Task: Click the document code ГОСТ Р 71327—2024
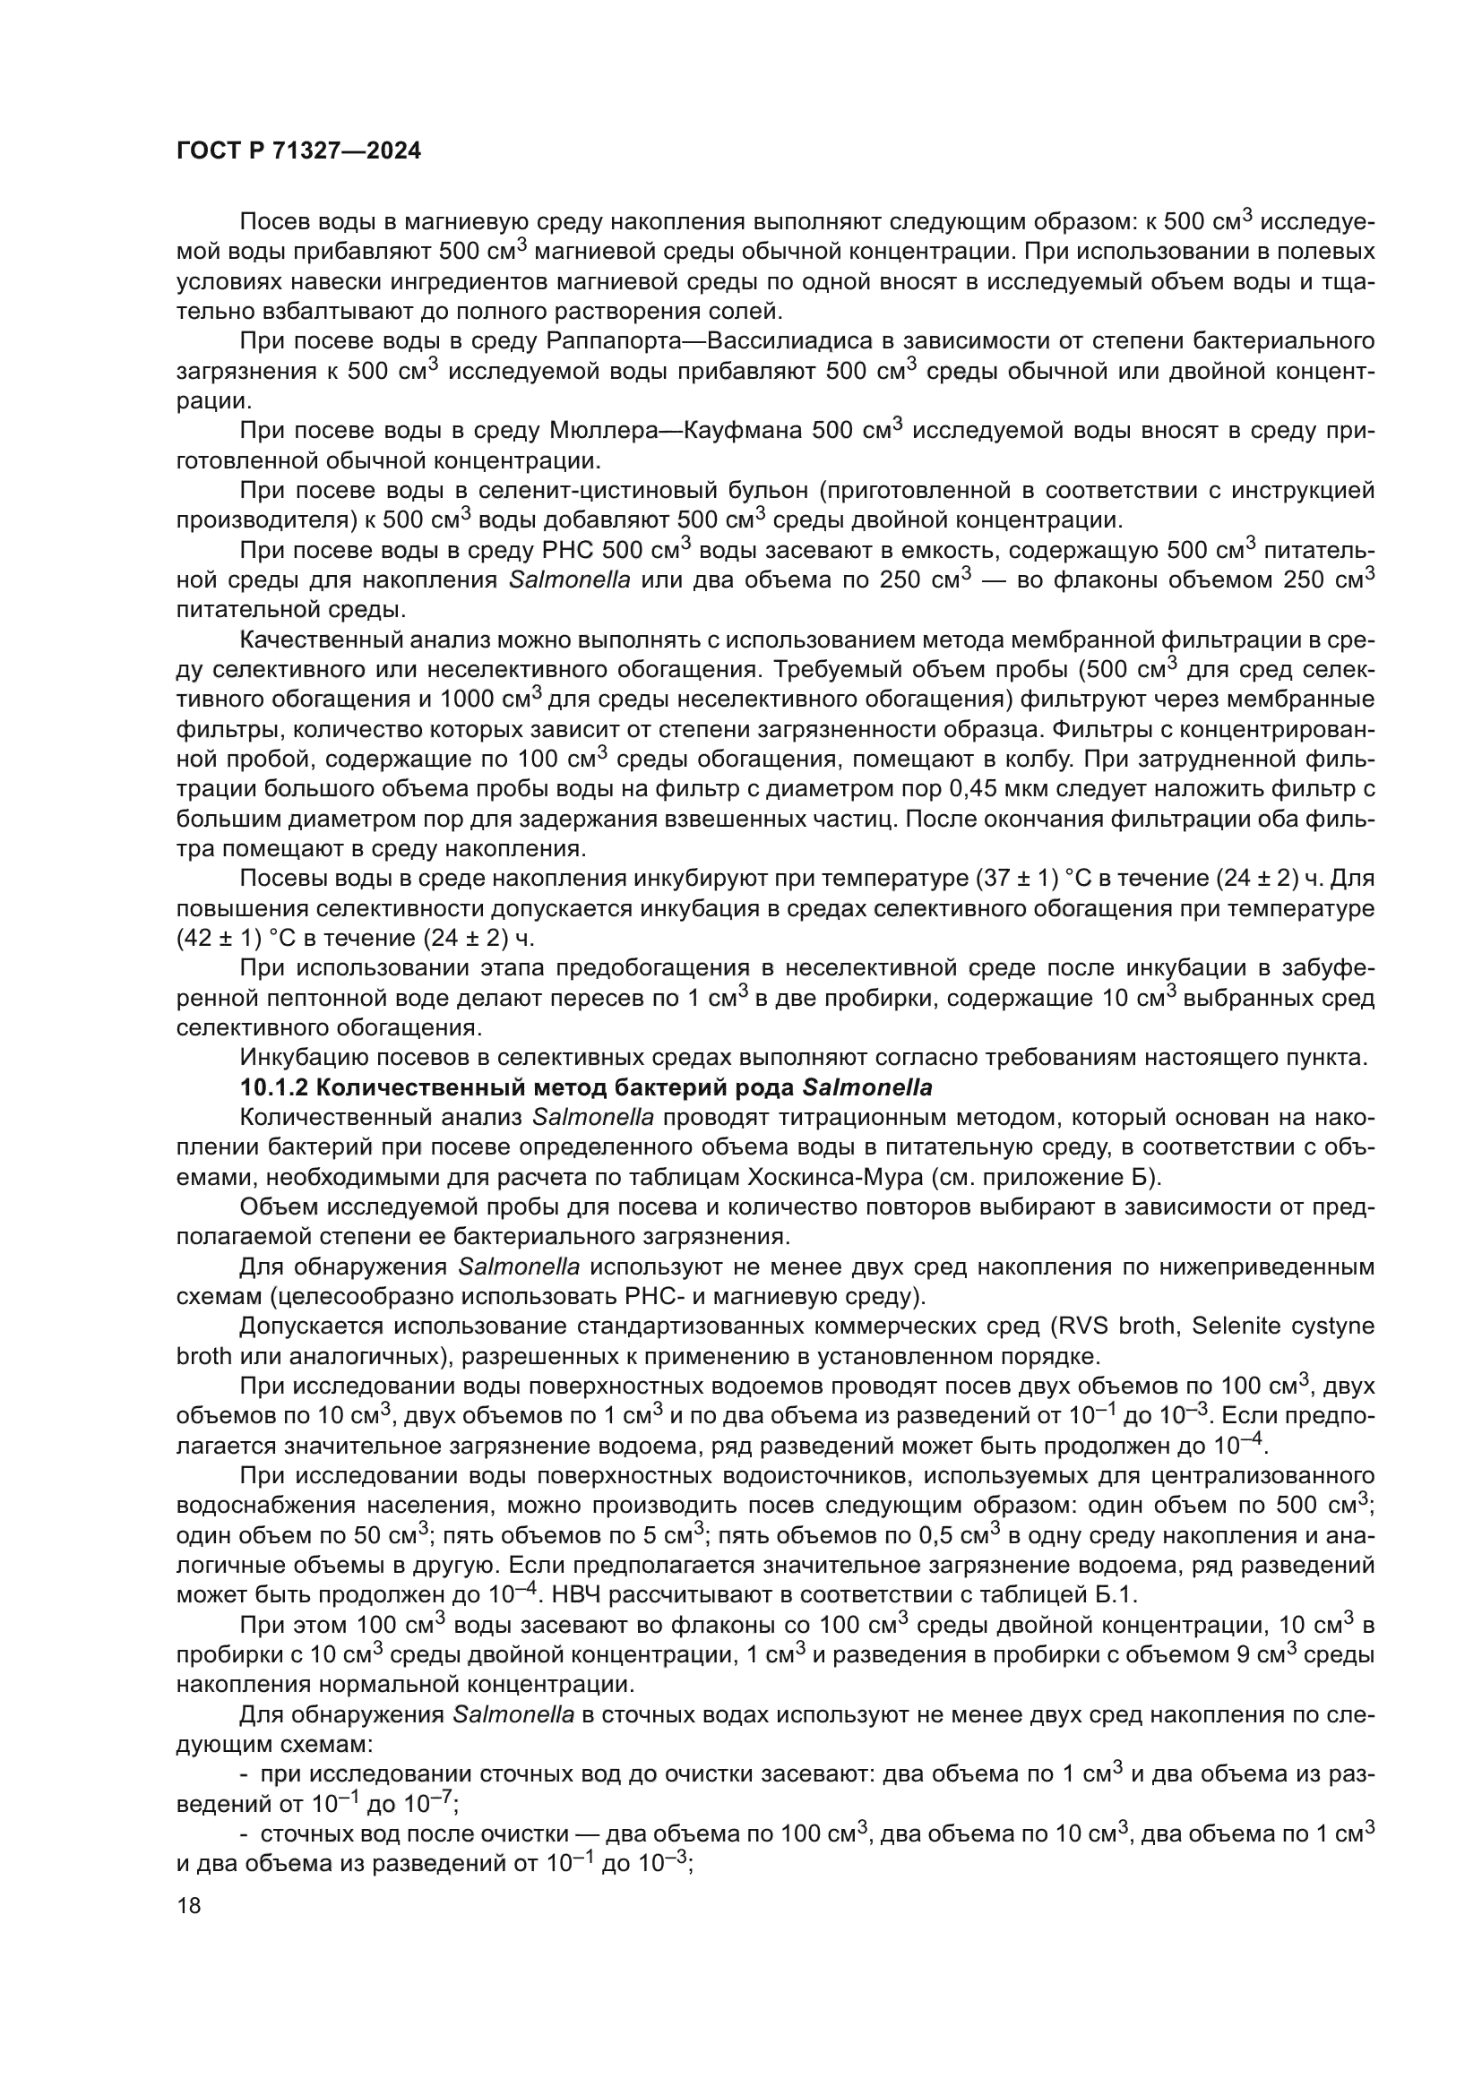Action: tap(298, 151)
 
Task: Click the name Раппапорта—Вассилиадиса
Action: tap(704, 341)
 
